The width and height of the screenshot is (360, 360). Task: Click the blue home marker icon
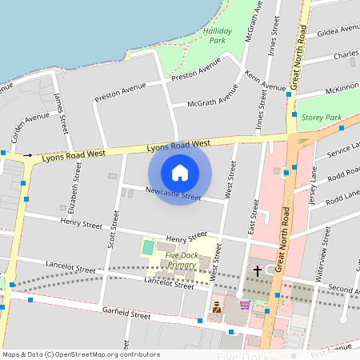tap(180, 172)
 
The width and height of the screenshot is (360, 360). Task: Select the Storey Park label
tap(322, 118)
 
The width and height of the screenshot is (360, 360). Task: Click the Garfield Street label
tap(126, 314)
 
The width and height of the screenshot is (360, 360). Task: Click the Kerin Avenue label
tap(266, 82)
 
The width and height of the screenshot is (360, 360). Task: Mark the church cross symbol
tap(257, 271)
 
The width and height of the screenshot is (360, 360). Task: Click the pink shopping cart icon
tap(245, 304)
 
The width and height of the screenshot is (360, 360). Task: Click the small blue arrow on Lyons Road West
tap(28, 155)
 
